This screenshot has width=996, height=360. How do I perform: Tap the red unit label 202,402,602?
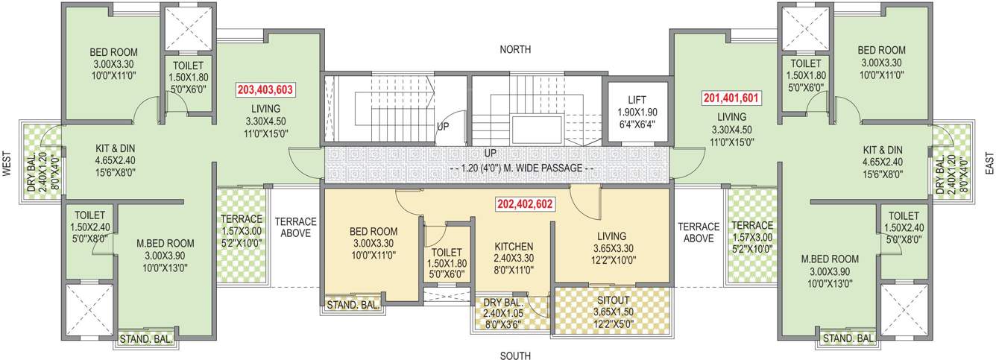(x=525, y=203)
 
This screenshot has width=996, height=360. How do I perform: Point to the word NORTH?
(x=516, y=50)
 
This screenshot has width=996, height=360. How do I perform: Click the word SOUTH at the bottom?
(x=515, y=356)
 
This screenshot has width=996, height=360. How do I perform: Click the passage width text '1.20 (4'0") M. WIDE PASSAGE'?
(x=522, y=168)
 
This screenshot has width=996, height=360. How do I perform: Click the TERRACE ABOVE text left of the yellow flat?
(x=295, y=227)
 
